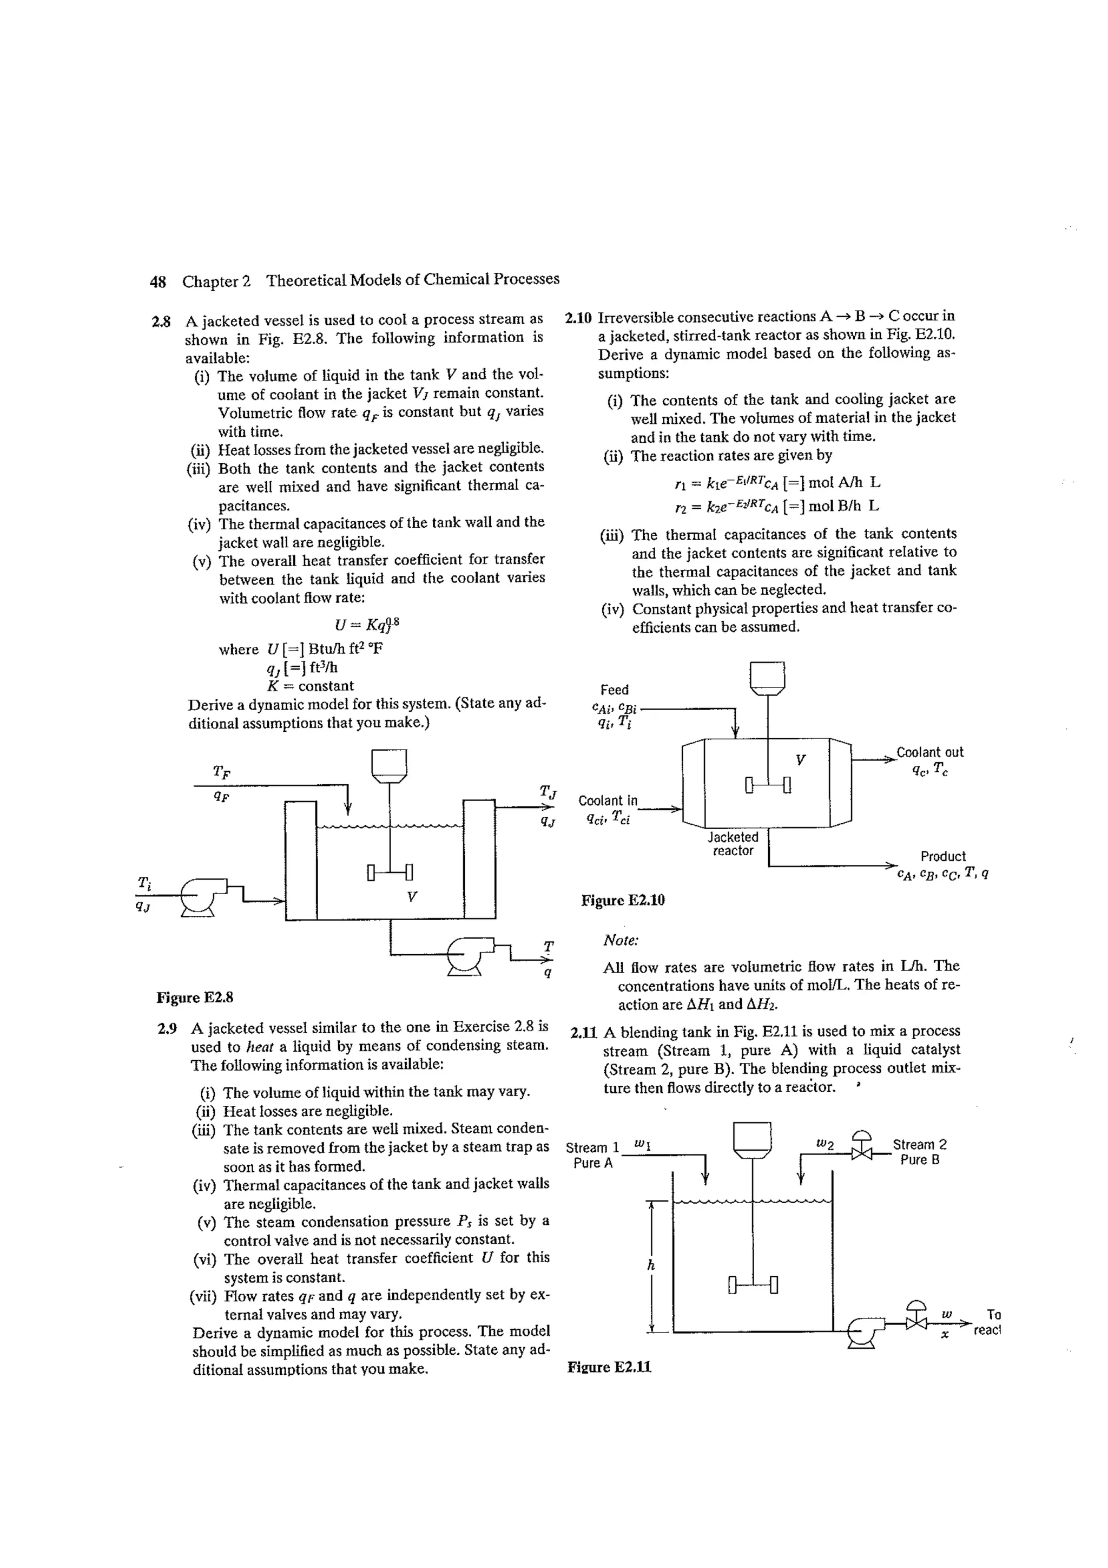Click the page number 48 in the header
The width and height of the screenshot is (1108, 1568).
pos(157,281)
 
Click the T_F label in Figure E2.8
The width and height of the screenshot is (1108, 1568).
pos(221,772)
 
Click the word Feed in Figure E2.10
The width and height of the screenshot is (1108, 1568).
pos(615,690)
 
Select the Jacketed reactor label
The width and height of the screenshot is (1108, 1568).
pos(733,844)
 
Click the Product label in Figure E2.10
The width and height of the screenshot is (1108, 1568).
pos(943,856)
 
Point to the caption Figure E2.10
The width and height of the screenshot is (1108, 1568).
pos(623,901)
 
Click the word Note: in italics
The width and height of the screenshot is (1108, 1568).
pos(621,940)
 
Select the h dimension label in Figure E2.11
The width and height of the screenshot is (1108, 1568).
pos(651,1265)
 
